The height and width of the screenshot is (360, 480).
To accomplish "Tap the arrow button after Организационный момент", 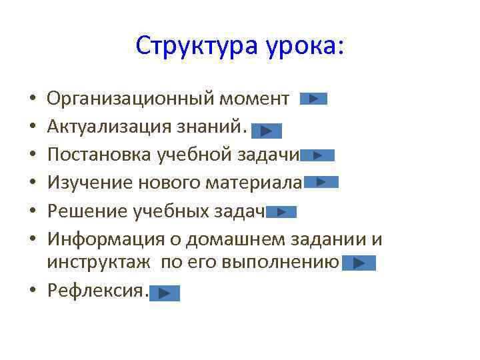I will (x=313, y=99).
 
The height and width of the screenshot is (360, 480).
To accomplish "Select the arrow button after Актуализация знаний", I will (x=267, y=131).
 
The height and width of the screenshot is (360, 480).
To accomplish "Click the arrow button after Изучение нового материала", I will (x=321, y=181).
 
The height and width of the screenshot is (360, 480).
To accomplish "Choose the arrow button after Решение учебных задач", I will (x=281, y=212).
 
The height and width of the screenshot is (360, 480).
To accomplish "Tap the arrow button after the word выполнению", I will (x=359, y=263).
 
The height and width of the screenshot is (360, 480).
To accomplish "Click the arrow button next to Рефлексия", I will (x=165, y=293).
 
